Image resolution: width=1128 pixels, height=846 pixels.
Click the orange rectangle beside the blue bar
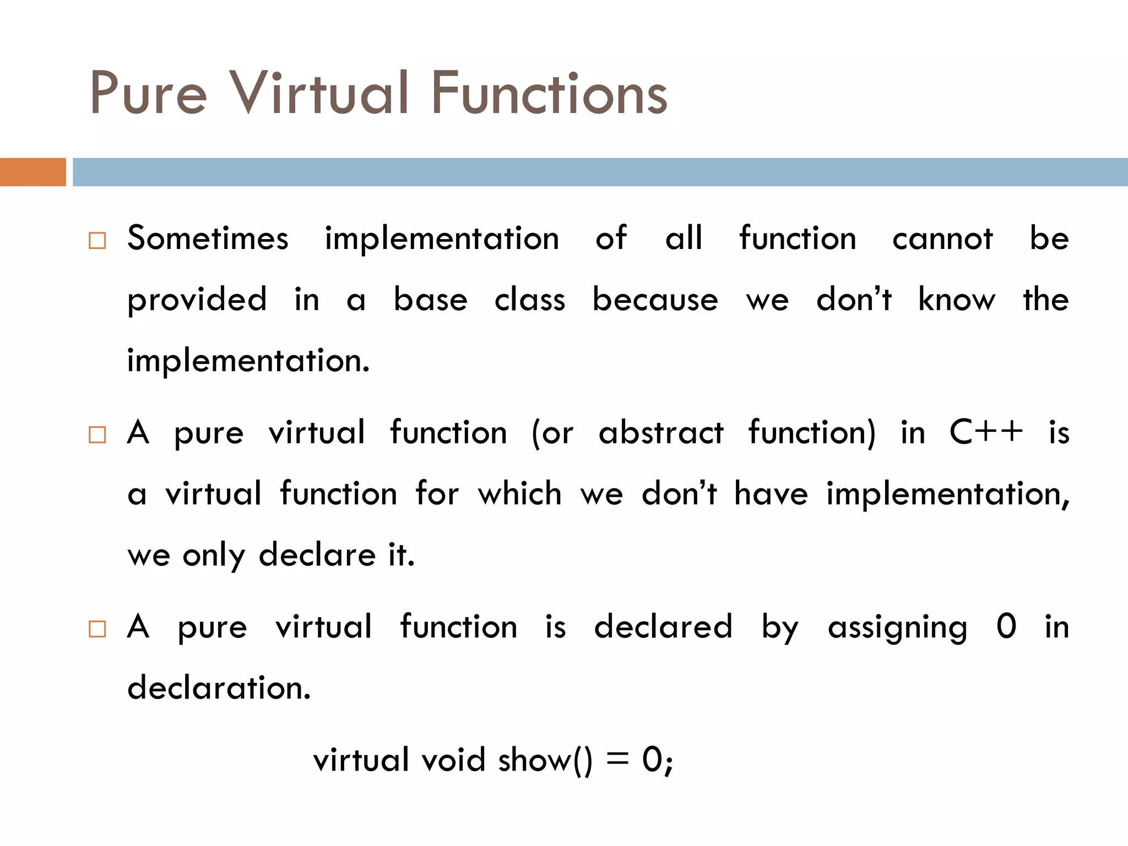(x=32, y=172)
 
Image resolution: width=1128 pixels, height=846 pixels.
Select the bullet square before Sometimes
(x=97, y=241)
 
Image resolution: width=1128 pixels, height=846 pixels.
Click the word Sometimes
(x=208, y=239)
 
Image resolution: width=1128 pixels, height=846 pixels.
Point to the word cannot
(x=942, y=239)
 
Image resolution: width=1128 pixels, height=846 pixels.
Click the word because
(x=655, y=300)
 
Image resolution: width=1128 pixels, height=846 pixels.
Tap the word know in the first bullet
(x=957, y=300)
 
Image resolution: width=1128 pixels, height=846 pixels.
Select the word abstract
(x=661, y=433)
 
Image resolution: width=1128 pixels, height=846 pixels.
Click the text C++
(x=986, y=432)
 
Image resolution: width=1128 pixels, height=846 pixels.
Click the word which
(x=519, y=493)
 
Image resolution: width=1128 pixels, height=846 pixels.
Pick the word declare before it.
(x=317, y=555)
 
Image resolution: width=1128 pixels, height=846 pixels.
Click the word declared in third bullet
(x=663, y=627)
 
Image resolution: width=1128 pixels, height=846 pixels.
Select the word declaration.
(x=219, y=688)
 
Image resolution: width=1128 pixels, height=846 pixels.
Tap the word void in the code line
(x=453, y=761)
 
